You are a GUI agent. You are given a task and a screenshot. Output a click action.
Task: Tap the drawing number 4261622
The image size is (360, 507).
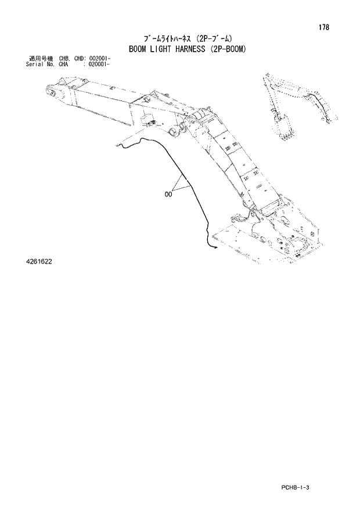pos(39,262)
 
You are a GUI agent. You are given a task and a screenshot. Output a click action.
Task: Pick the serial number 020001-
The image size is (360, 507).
pos(99,65)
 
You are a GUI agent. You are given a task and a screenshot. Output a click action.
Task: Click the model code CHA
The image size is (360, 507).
pos(63,65)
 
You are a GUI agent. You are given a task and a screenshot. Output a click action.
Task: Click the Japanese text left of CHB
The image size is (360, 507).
pos(41,60)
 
